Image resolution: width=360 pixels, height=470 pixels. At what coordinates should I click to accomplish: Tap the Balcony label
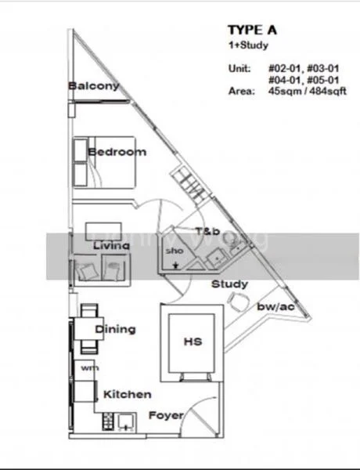coord(93,85)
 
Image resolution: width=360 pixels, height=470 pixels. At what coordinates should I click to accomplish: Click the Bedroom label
coord(117,151)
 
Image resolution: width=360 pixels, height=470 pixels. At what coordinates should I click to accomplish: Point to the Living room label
coord(111,246)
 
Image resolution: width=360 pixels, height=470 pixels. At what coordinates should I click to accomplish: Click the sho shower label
coord(173,251)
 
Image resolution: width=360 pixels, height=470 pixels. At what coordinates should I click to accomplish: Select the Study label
coord(229,284)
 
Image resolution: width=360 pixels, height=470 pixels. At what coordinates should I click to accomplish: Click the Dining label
coord(114,330)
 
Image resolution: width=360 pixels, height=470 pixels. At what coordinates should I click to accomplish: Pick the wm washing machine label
coord(87,367)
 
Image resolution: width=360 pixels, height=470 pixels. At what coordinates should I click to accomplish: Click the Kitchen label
coord(126,394)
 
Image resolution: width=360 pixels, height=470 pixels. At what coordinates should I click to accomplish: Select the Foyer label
coord(166,414)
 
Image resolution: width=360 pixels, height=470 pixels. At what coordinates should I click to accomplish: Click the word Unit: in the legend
coord(239,69)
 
